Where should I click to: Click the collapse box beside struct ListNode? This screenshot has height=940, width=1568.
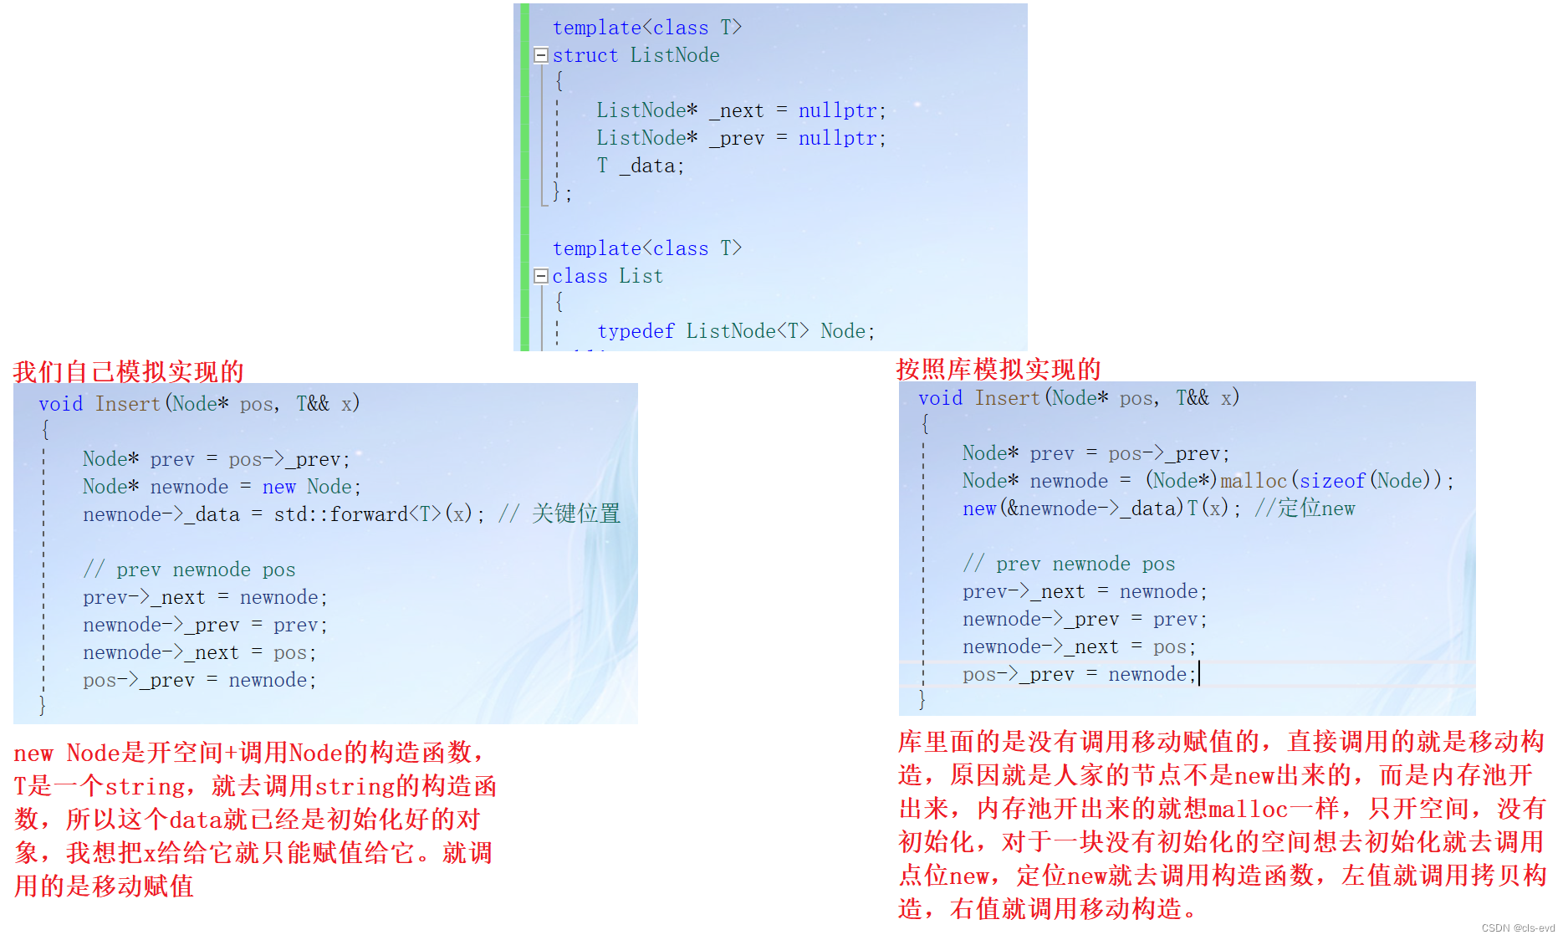point(540,55)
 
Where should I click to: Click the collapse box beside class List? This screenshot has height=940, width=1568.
point(540,276)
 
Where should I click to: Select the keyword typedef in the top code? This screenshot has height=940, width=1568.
point(636,331)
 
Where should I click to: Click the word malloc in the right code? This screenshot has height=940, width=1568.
point(1253,481)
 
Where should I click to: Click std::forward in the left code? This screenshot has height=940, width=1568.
point(340,514)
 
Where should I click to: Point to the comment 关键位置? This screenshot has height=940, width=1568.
point(575,513)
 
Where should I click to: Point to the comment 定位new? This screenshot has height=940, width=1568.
point(1315,508)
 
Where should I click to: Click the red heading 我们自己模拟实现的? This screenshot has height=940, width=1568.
point(128,371)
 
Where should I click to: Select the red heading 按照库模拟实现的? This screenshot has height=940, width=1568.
point(998,369)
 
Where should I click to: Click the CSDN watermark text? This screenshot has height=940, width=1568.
point(1517,928)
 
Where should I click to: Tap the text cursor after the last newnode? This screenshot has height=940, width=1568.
point(1199,674)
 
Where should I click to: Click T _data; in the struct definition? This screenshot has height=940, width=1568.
point(640,166)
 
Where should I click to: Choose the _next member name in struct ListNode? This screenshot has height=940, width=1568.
point(737,110)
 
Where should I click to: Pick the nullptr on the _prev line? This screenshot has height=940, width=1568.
point(837,138)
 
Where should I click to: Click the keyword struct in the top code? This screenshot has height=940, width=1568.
point(585,55)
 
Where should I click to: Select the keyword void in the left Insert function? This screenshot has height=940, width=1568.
point(60,404)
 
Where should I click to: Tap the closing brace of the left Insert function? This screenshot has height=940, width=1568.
point(43,705)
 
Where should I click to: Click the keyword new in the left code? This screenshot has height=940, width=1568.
point(278,487)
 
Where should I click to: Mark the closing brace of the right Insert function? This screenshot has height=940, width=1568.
point(922,699)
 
